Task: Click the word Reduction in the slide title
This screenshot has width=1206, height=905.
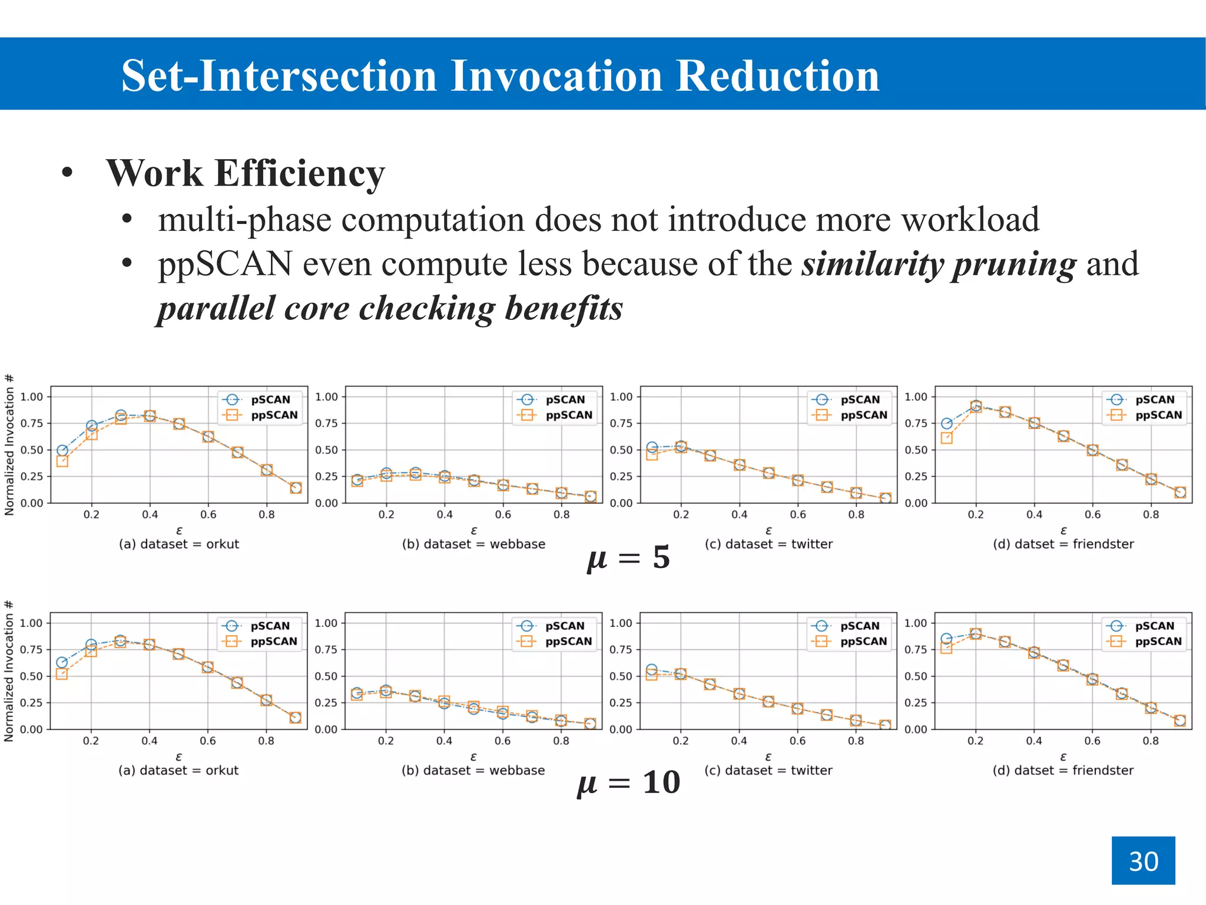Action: (777, 76)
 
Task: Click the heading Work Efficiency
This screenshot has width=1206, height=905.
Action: (245, 173)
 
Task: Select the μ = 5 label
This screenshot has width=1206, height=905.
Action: (628, 557)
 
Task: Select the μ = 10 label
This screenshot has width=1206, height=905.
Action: (628, 783)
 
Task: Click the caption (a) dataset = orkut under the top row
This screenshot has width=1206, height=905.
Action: (179, 544)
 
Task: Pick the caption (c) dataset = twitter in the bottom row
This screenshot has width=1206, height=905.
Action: (768, 770)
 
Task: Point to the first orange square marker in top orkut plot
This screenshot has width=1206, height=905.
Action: (62, 461)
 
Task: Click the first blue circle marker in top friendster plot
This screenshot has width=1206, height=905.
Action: (946, 423)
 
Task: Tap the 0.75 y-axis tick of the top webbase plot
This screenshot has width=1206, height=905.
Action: (326, 423)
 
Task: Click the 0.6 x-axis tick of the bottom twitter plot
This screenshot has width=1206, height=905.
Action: (797, 741)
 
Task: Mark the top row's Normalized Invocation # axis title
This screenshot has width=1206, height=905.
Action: (9, 445)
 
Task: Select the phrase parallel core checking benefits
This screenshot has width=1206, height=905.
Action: (390, 308)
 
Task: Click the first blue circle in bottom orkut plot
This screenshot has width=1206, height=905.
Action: (62, 662)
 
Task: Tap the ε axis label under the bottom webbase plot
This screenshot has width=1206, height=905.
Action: (473, 757)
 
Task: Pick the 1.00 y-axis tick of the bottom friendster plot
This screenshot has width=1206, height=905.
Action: (915, 623)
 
